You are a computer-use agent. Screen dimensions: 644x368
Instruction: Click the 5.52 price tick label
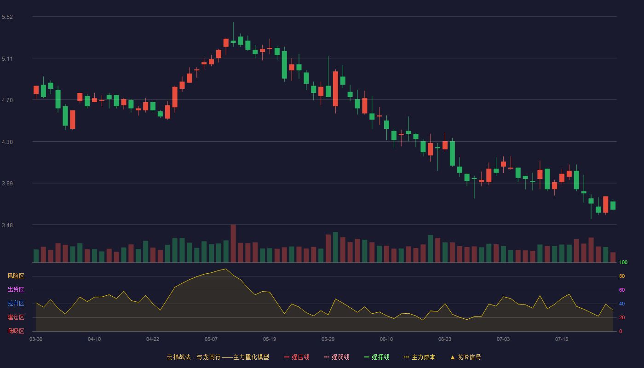7,17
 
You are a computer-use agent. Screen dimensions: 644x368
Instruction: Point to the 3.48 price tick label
7,225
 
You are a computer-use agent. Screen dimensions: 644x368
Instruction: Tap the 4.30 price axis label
7,142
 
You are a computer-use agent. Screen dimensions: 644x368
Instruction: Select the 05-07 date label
211,339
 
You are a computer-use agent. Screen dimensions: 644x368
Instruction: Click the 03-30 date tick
36,339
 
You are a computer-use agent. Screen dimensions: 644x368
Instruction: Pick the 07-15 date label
562,339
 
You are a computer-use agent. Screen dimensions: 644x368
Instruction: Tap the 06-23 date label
445,339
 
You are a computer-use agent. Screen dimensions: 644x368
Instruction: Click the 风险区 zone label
16,276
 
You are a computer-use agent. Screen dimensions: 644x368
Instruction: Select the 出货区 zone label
16,289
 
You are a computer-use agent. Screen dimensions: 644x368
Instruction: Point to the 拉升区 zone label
16,303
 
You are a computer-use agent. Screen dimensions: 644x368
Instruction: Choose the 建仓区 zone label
16,317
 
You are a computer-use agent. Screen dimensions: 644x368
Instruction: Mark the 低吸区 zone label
16,331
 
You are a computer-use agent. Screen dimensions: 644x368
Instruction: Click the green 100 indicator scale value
623,262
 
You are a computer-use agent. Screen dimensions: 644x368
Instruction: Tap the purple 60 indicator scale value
622,290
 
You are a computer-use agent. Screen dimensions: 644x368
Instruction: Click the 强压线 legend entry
297,357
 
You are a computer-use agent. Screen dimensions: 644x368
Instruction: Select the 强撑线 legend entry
377,357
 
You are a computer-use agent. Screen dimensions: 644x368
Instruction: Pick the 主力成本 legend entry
420,357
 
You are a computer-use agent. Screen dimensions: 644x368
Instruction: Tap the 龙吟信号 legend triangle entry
466,357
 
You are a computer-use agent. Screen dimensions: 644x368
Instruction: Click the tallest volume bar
233,243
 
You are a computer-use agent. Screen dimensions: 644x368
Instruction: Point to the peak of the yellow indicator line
226,269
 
